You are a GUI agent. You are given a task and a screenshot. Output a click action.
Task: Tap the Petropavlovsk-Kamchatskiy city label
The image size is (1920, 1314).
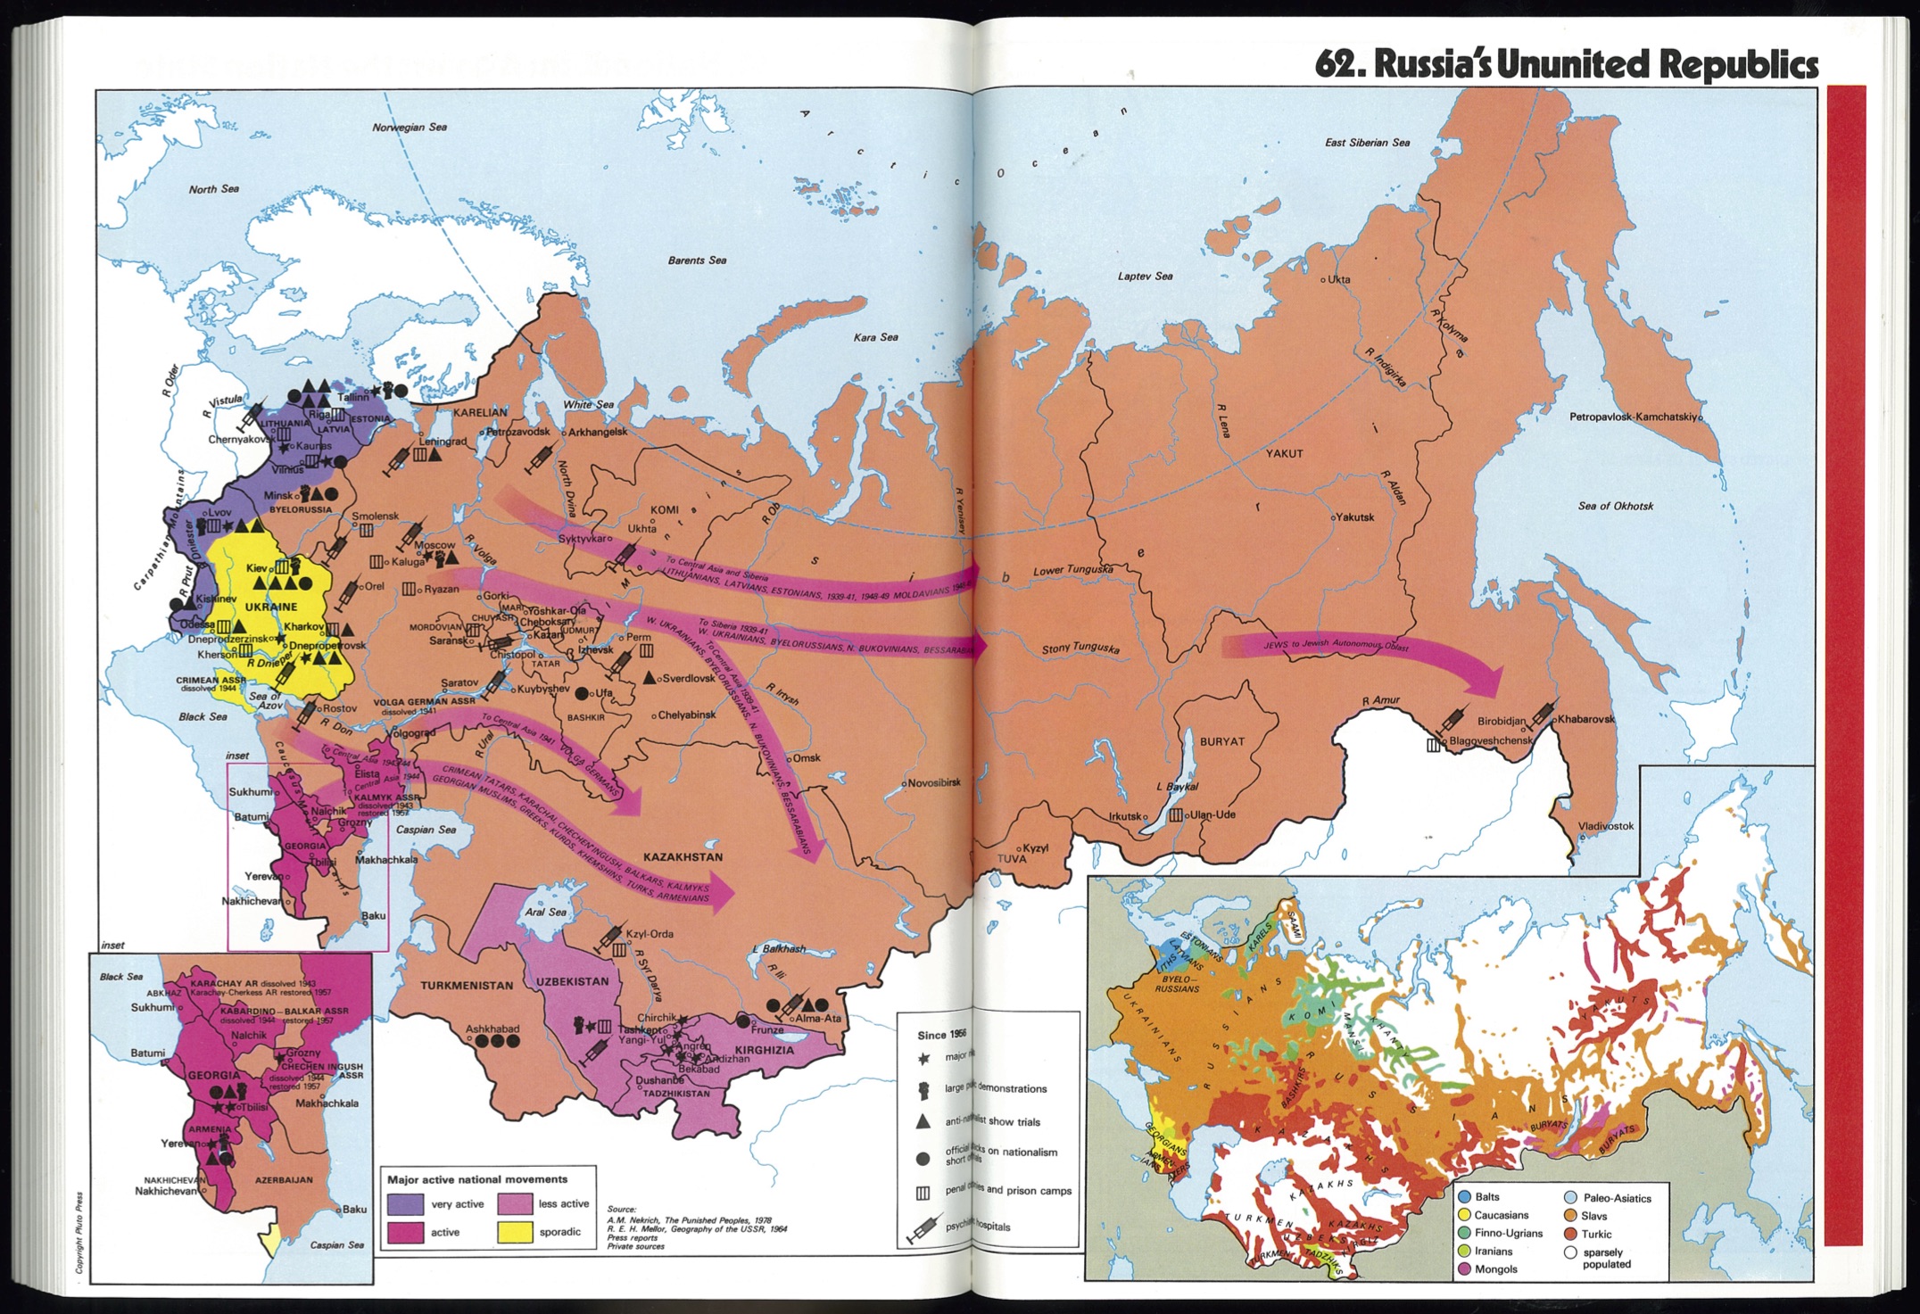click(x=1634, y=417)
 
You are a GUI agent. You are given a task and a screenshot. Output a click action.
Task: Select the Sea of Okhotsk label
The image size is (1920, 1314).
click(x=1615, y=506)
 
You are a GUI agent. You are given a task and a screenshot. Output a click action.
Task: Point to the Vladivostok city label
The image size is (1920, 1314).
click(x=1606, y=826)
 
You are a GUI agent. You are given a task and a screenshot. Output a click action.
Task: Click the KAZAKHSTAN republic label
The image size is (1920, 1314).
click(x=683, y=856)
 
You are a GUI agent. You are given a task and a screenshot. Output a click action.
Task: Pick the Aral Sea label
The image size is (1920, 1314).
click(x=545, y=912)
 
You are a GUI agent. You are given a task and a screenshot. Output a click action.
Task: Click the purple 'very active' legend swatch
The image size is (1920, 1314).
click(x=405, y=1203)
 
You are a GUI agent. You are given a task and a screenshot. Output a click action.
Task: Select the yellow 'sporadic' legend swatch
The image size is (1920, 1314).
click(x=515, y=1231)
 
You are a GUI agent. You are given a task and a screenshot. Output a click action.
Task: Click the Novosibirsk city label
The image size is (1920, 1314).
click(x=933, y=782)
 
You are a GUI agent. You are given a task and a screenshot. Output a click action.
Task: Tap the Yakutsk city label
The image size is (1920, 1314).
click(x=1355, y=517)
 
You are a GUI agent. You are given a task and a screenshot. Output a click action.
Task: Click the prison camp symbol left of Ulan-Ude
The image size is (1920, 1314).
click(x=1176, y=814)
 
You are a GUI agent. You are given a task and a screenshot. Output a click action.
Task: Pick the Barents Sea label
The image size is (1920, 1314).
click(x=697, y=260)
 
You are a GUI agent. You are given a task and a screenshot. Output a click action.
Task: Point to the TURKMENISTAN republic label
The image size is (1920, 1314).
click(x=467, y=986)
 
